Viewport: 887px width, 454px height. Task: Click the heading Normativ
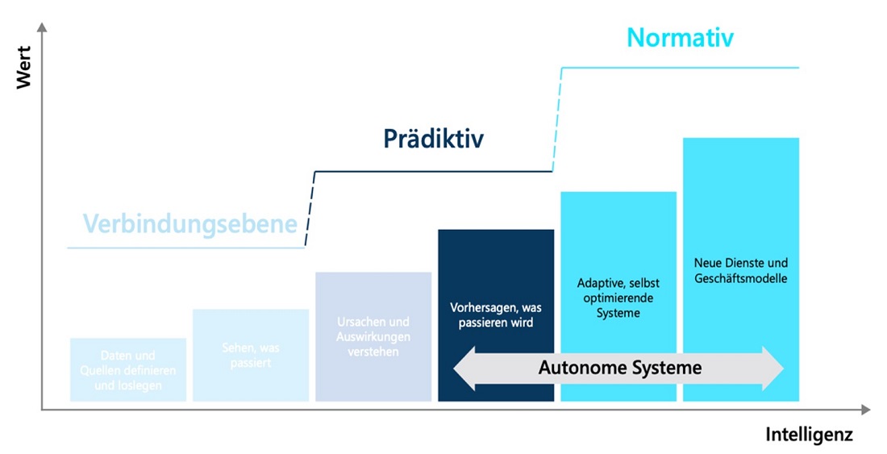coord(681,38)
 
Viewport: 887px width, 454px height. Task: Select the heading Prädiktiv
coord(433,139)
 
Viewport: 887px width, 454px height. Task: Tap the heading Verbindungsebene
coord(190,223)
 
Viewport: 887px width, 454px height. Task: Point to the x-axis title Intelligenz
coord(809,435)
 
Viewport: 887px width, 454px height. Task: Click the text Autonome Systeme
coord(619,369)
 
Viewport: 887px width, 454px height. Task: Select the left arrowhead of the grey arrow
coord(464,369)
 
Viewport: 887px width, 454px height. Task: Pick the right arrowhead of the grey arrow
coord(773,369)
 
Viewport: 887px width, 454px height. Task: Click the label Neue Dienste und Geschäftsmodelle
coord(740,271)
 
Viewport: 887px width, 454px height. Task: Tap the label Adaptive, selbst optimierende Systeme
coord(618,298)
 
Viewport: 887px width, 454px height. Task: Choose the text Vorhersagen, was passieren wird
coord(495,314)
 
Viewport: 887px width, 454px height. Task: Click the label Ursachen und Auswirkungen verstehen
coord(373,336)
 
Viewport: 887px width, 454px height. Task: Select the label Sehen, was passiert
coord(250,355)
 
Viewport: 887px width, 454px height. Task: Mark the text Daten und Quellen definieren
coord(128,363)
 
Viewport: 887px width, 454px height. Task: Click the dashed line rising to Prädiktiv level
coord(310,209)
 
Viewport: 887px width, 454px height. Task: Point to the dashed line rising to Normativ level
coord(556,119)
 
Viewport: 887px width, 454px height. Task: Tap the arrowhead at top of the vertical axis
coord(42,27)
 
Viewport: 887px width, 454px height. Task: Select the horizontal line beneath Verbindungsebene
coord(185,248)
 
